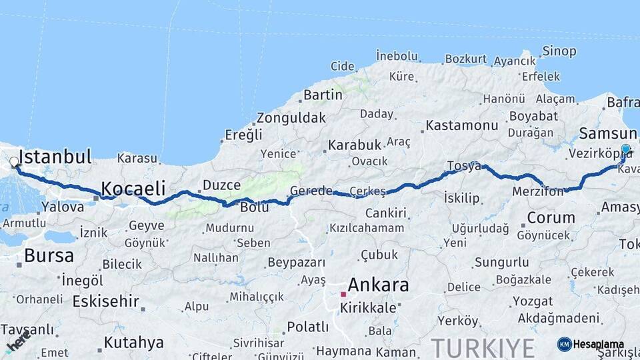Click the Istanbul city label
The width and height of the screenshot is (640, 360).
click(55, 157)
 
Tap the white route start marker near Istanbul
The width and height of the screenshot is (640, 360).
click(14, 162)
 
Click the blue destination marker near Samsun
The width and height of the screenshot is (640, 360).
click(625, 150)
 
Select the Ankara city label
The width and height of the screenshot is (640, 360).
click(378, 285)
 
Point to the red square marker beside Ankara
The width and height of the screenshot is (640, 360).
click(343, 294)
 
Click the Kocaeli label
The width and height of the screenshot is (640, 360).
click(133, 187)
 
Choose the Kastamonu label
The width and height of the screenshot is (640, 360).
click(462, 125)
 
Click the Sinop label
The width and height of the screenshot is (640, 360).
click(559, 51)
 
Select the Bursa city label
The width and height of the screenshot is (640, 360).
click(49, 255)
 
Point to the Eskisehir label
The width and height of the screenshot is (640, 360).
click(107, 301)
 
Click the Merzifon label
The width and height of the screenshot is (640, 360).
click(539, 192)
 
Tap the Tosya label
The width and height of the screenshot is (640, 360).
click(463, 166)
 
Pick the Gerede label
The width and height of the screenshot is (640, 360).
click(311, 191)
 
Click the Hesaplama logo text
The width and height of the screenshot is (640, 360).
click(599, 345)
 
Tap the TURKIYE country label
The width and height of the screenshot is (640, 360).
click(482, 347)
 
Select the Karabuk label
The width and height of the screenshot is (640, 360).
click(354, 145)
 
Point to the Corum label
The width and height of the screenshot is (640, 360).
click(551, 217)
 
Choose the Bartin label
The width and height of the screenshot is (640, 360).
click(323, 95)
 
